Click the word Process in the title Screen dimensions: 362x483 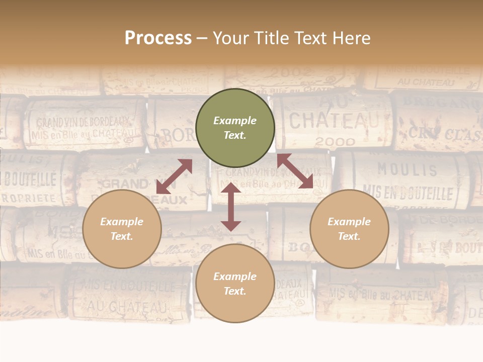[x=158, y=38]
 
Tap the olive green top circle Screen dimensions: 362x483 [x=235, y=128]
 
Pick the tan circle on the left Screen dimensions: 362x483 [x=122, y=229]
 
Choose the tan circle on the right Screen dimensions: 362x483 [x=349, y=229]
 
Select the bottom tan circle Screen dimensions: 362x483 [x=235, y=284]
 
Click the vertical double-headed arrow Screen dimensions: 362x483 [x=231, y=207]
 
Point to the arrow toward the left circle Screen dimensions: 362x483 [x=174, y=176]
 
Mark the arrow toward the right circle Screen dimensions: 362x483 [x=295, y=171]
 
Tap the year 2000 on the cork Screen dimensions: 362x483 [x=335, y=142]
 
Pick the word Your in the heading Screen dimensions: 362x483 [x=230, y=38]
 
